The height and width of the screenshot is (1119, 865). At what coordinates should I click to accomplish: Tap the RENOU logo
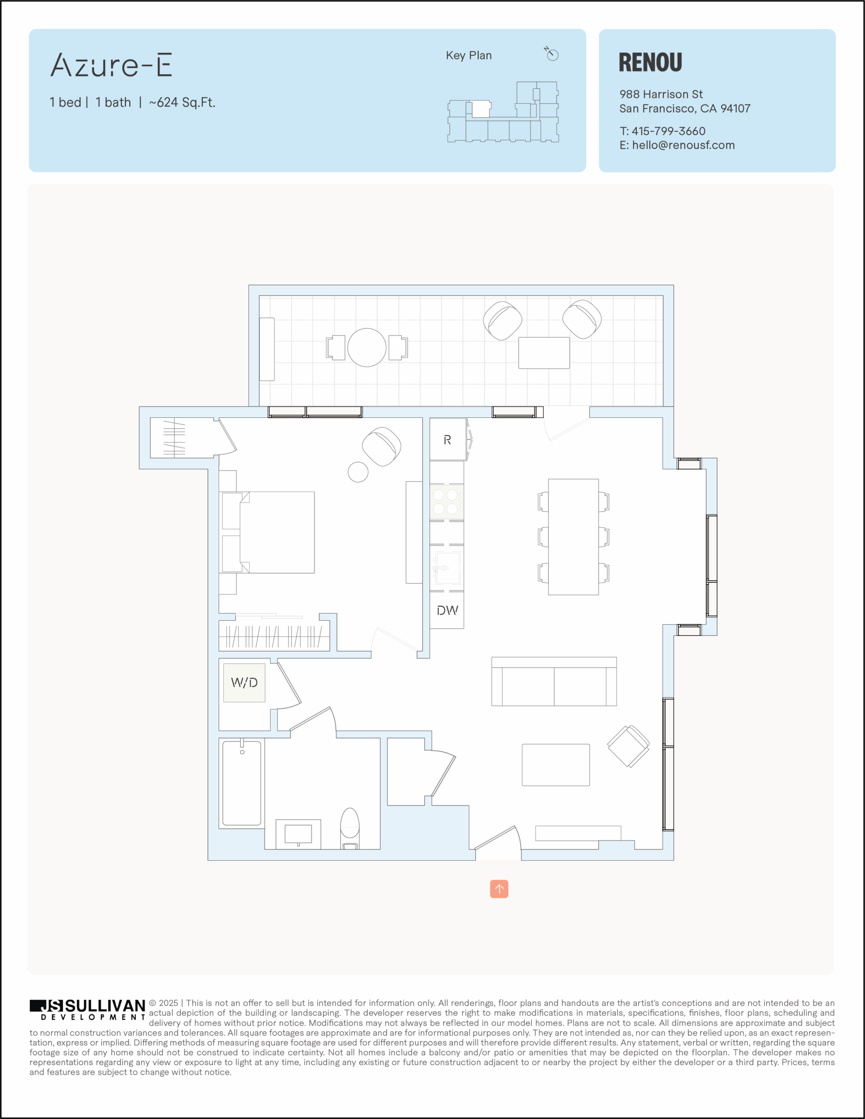tap(650, 63)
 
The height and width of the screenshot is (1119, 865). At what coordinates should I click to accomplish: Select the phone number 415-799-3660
tap(668, 131)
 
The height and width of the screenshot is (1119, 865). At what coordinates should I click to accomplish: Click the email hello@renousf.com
tap(683, 145)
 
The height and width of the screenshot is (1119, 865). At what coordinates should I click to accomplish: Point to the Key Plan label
tap(469, 56)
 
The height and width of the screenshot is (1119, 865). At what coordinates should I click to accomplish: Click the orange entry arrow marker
tap(499, 889)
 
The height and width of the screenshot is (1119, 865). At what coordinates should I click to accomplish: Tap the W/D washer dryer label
tap(244, 682)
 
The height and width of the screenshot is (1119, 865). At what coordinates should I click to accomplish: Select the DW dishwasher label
tap(447, 610)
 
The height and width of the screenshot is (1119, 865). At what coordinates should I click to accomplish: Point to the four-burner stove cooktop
tap(446, 502)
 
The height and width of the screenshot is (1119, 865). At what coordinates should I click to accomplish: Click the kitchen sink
tap(447, 568)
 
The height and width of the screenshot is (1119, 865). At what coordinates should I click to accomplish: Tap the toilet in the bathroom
tap(350, 828)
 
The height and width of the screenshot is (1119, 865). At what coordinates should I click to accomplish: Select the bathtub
tap(242, 783)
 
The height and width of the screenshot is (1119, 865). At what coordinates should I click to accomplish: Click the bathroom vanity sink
tap(298, 834)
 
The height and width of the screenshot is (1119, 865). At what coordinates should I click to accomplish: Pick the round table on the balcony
tap(367, 348)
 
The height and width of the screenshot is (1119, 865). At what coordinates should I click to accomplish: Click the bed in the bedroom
tap(267, 532)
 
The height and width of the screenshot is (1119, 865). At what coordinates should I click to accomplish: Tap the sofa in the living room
tap(554, 681)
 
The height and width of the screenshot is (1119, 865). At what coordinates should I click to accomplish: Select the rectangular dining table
tap(573, 537)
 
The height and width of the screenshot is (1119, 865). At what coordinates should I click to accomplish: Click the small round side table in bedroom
tap(358, 472)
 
